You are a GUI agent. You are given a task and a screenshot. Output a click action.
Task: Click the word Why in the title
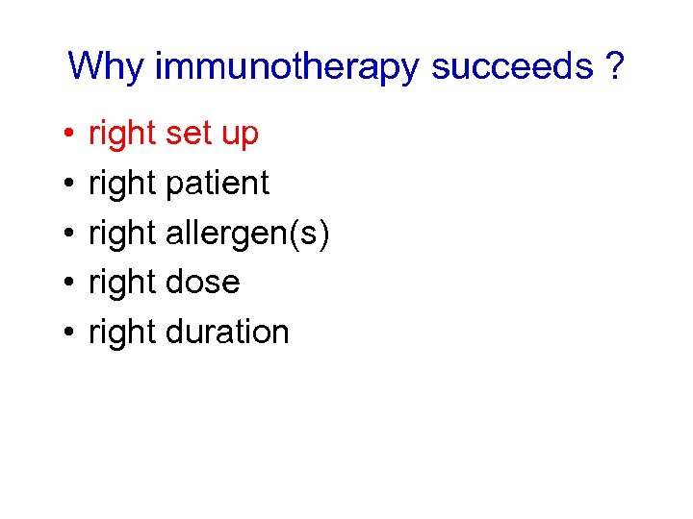pyautogui.click(x=107, y=67)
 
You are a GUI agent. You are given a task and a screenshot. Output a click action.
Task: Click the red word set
pyautogui.click(x=189, y=134)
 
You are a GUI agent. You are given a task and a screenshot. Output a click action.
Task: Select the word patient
pyautogui.click(x=218, y=184)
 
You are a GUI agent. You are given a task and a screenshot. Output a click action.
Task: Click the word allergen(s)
pyautogui.click(x=247, y=234)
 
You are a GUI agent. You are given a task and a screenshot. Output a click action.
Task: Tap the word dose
pyautogui.click(x=202, y=283)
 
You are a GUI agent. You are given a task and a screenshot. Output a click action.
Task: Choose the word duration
pyautogui.click(x=227, y=332)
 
